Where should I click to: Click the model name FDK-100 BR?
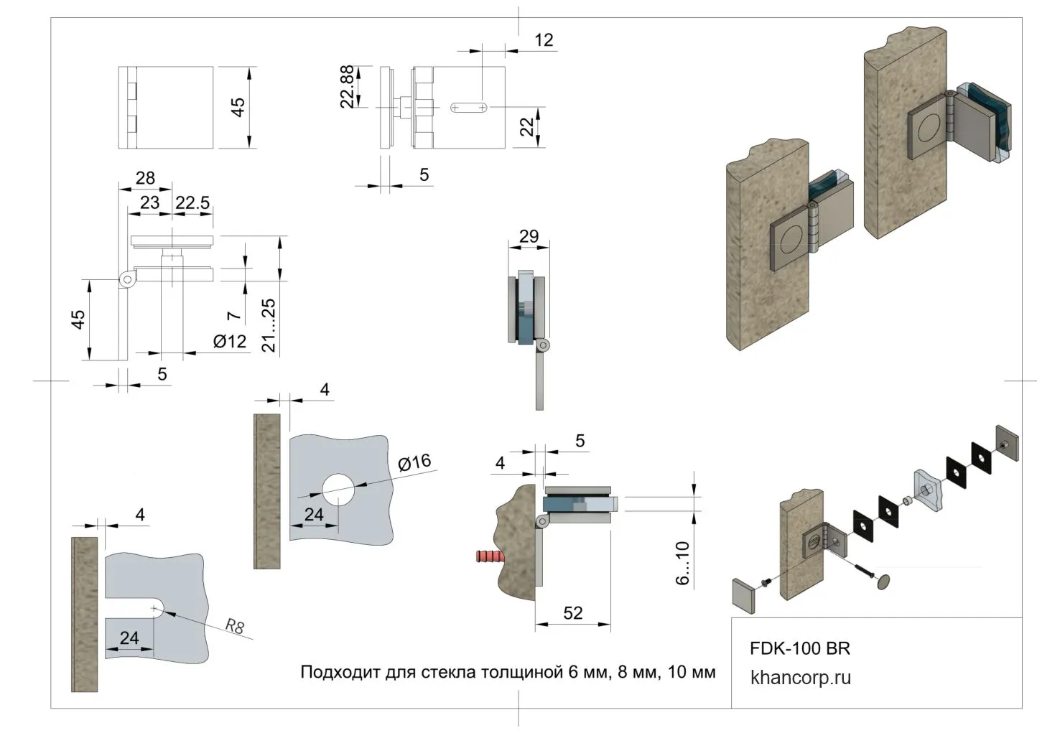pos(799,649)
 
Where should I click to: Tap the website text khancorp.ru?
pos(800,678)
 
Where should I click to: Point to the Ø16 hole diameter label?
pos(414,462)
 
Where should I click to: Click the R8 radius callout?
pos(235,626)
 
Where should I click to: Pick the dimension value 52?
pos(573,613)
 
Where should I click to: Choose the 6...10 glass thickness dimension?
pos(683,563)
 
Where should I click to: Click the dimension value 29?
pos(529,236)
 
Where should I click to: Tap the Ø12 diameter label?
pos(230,342)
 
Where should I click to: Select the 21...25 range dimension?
pos(269,325)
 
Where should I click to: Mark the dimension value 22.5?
pos(192,203)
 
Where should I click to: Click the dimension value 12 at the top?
pos(544,40)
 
